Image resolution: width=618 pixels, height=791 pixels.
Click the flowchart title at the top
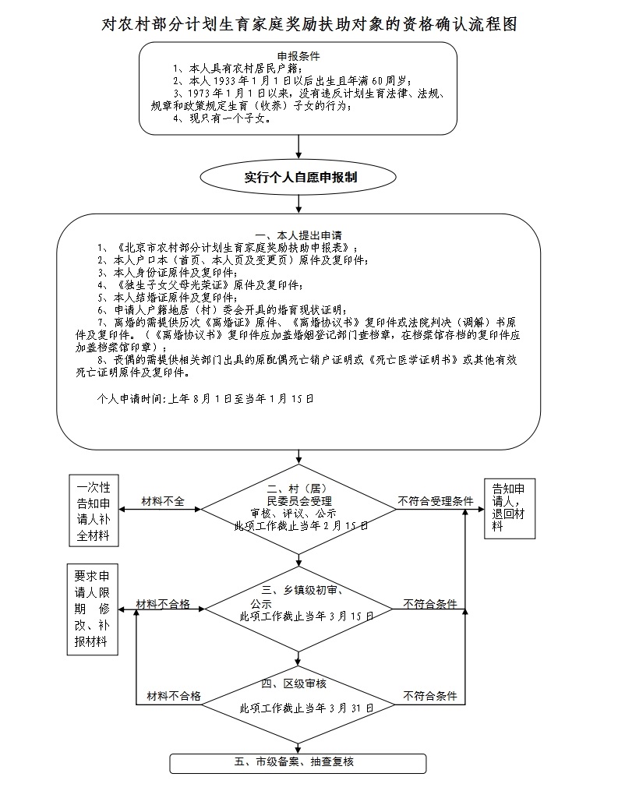coord(309,23)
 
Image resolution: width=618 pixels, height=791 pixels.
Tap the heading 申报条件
coord(298,56)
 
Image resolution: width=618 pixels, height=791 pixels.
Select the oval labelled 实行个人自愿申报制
coord(298,177)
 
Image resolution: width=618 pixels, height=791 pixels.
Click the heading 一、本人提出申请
coord(298,235)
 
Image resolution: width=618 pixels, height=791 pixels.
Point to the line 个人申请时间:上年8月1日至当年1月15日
coord(205,398)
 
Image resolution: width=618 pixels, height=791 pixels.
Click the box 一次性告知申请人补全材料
coord(94,510)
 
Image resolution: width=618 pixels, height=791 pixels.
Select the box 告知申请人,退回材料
coord(510,508)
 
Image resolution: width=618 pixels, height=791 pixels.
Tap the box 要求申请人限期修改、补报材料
coord(92,609)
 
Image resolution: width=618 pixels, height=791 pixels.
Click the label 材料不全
coord(163,501)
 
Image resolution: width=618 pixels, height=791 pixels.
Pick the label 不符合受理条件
coord(436,501)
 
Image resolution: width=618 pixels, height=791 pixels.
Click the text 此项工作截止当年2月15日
coord(301,526)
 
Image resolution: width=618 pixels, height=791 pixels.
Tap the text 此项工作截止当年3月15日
coord(307,616)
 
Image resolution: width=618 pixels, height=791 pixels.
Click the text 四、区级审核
coord(294,683)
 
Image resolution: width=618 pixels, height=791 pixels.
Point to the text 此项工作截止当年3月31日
coord(307,708)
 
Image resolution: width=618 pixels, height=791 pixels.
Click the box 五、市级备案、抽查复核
coord(298,763)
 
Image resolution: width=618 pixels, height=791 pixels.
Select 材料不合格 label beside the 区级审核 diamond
coord(174,696)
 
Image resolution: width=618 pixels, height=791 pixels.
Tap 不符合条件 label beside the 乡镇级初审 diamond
coord(430,604)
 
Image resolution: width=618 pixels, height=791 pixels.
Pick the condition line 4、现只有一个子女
coord(222,119)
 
